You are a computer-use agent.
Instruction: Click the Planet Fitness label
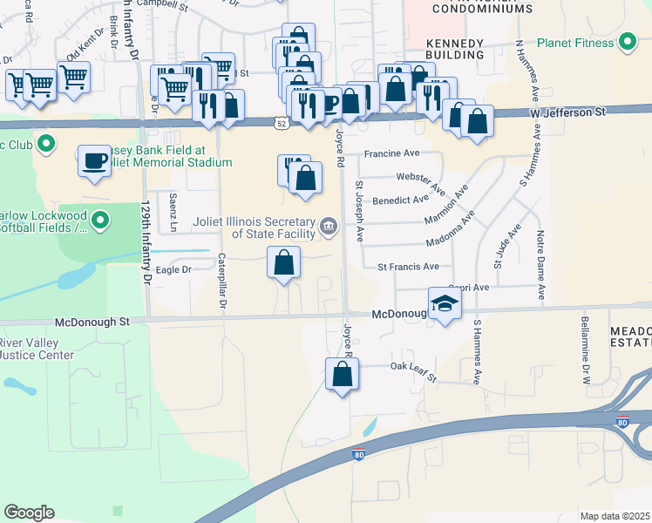pyautogui.click(x=576, y=42)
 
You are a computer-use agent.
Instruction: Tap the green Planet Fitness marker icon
pyautogui.click(x=627, y=42)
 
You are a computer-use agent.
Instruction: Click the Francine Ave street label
pyautogui.click(x=392, y=153)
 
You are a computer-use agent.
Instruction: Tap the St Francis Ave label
pyautogui.click(x=414, y=267)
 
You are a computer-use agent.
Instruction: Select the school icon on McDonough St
pyautogui.click(x=445, y=304)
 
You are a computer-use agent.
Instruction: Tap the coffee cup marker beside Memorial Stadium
pyautogui.click(x=94, y=160)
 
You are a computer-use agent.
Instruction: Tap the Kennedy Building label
pyautogui.click(x=454, y=49)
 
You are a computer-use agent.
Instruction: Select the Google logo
pyautogui.click(x=29, y=513)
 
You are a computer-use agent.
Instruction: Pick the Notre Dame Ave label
pyautogui.click(x=540, y=253)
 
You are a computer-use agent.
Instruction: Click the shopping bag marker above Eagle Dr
pyautogui.click(x=283, y=262)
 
